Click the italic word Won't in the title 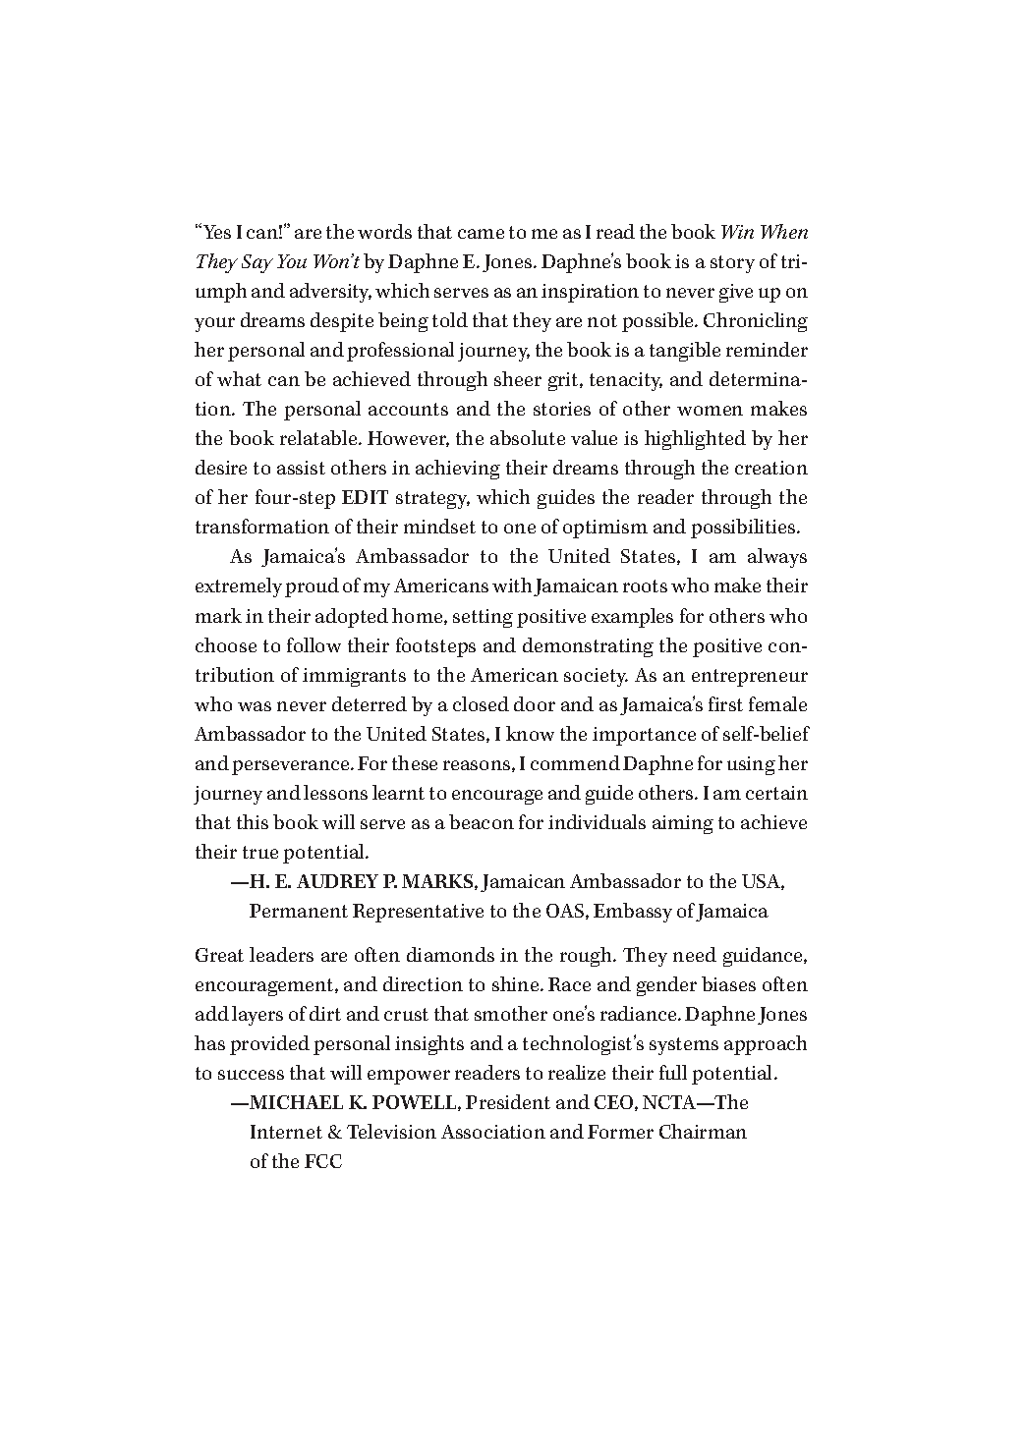[333, 262]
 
